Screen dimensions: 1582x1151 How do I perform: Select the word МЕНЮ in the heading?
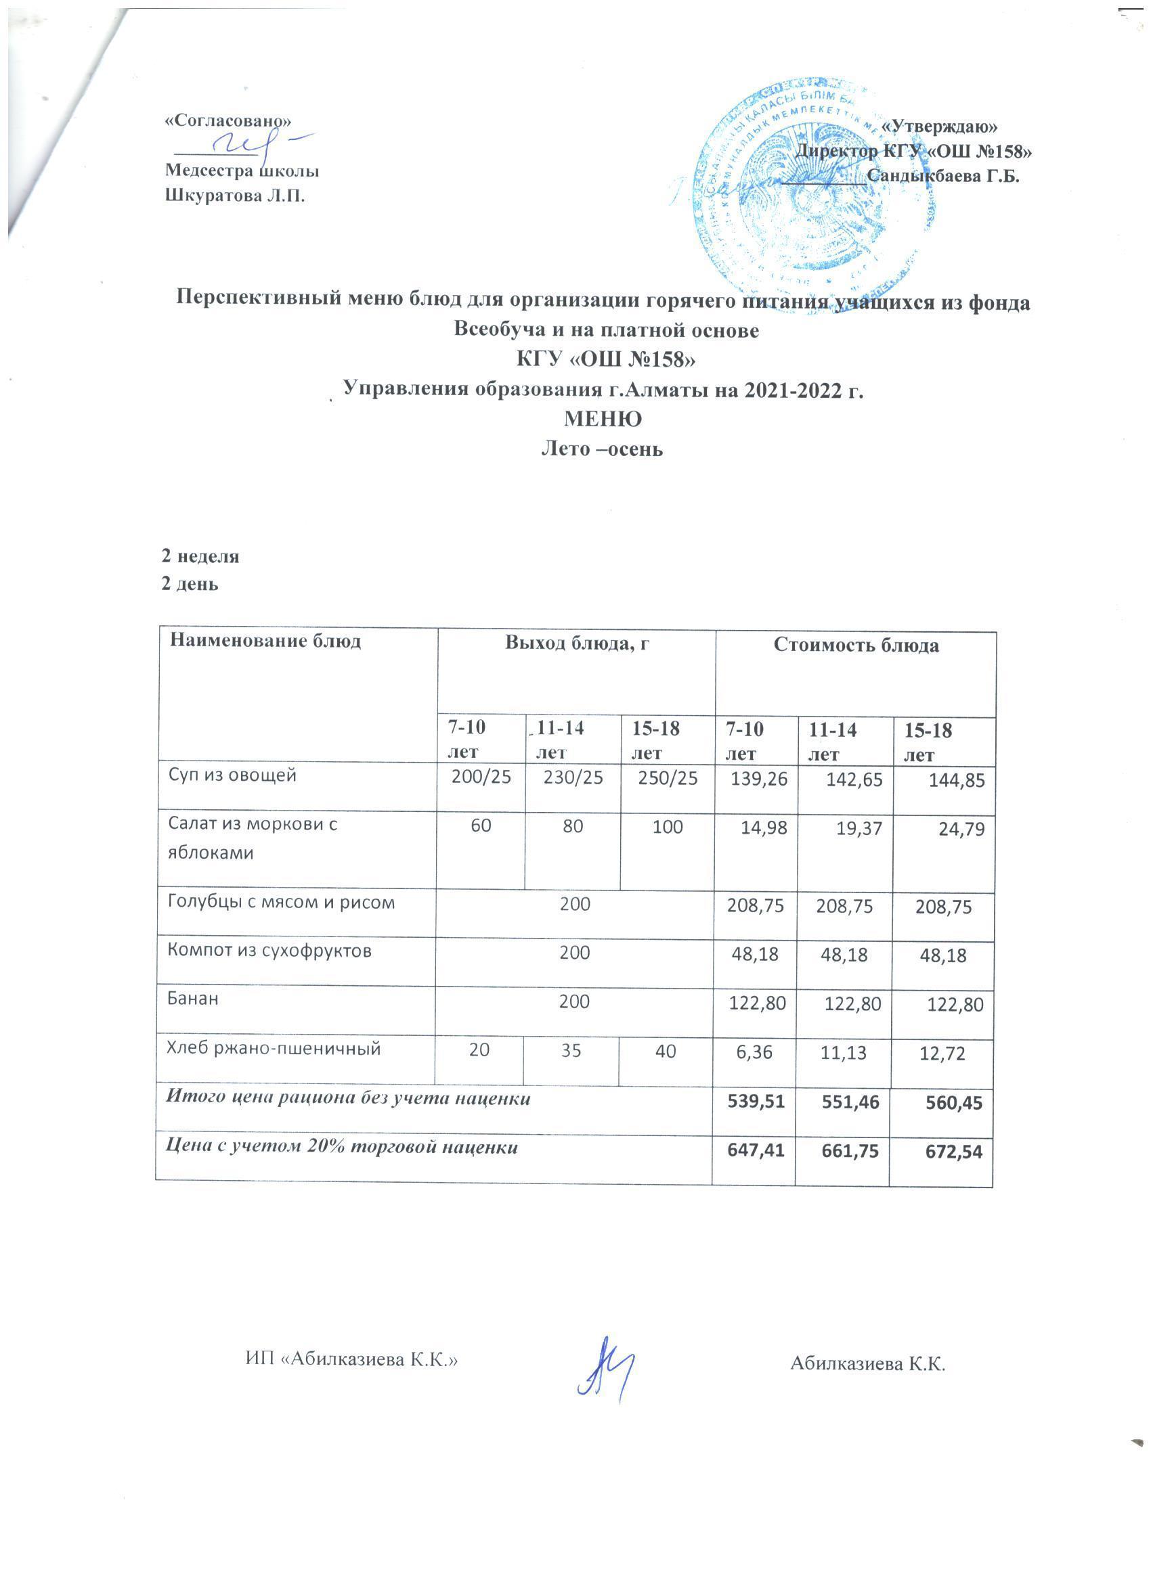click(603, 420)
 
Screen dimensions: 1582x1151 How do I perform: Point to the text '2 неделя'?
click(200, 556)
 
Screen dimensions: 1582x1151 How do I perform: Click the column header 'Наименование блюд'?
click(265, 641)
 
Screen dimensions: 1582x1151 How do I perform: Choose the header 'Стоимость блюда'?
click(856, 646)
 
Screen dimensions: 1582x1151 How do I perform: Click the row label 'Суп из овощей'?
click(232, 775)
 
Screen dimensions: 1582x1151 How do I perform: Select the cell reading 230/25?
click(573, 777)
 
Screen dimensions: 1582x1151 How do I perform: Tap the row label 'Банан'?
click(193, 998)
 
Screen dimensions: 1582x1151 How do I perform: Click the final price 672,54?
click(953, 1152)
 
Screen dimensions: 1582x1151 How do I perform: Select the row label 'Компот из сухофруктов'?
click(269, 951)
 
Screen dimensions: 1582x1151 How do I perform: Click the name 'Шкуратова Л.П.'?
click(235, 196)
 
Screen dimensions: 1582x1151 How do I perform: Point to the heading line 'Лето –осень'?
click(603, 449)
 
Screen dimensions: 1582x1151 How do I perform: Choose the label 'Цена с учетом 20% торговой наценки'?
click(342, 1148)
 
